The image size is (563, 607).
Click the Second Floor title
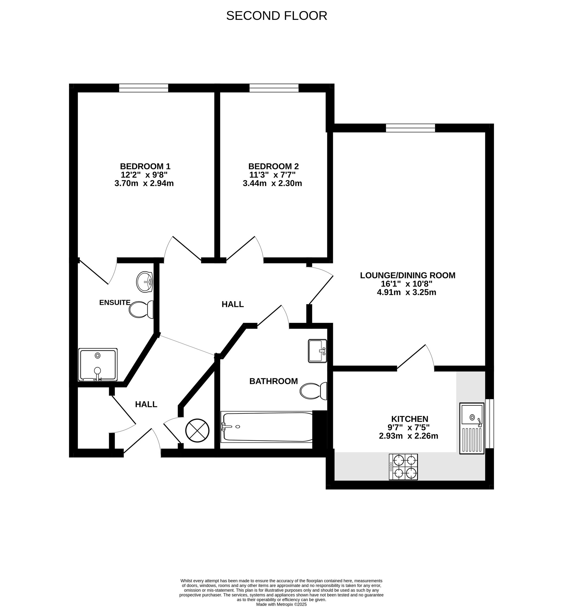277,16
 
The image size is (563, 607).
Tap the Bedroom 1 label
145,167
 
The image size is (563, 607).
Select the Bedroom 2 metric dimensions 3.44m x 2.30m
272,184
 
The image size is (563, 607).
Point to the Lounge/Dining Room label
408,276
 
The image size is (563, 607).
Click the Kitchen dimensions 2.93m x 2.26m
409,436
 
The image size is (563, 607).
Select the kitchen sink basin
472,414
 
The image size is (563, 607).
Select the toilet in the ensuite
141,310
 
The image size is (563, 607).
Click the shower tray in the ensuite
98,365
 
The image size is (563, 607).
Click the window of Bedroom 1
143,88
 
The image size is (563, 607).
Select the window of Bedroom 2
274,88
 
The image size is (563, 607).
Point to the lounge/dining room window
410,128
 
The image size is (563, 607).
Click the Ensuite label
115,303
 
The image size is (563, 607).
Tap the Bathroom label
274,381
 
